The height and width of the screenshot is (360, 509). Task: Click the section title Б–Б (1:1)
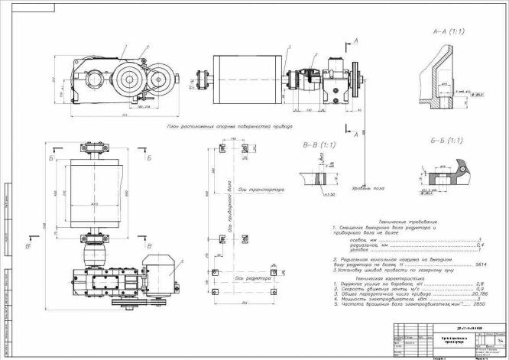pyautogui.click(x=446, y=141)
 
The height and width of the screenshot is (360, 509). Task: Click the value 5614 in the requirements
pyautogui.click(x=481, y=263)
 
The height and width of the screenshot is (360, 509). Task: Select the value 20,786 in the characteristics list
pyautogui.click(x=478, y=294)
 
